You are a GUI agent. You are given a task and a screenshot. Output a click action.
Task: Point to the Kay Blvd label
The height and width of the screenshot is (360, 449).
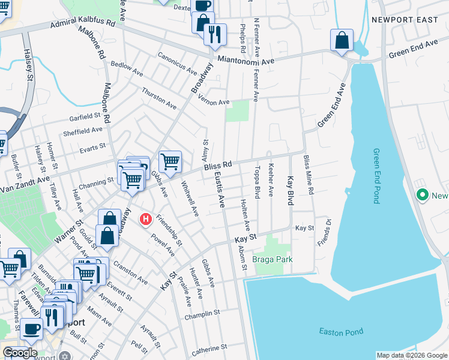tap(290, 191)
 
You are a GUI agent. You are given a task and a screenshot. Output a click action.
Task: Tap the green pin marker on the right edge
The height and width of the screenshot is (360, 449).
tap(422, 195)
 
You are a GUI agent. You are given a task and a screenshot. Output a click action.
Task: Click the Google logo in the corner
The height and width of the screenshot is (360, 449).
tap(20, 353)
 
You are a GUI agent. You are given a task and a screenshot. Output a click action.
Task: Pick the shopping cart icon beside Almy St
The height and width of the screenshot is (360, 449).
tap(170, 161)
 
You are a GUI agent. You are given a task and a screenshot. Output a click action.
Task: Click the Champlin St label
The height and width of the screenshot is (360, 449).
tap(202, 314)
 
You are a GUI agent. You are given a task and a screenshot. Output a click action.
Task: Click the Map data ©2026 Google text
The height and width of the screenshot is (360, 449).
tap(411, 355)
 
